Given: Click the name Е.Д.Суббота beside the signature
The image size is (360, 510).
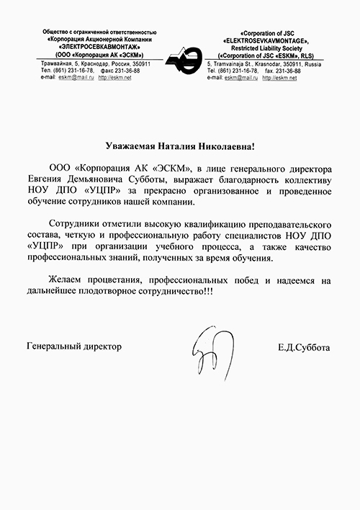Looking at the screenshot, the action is tap(302, 347).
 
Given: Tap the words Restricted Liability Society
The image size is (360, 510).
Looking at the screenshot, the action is tap(266, 48).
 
